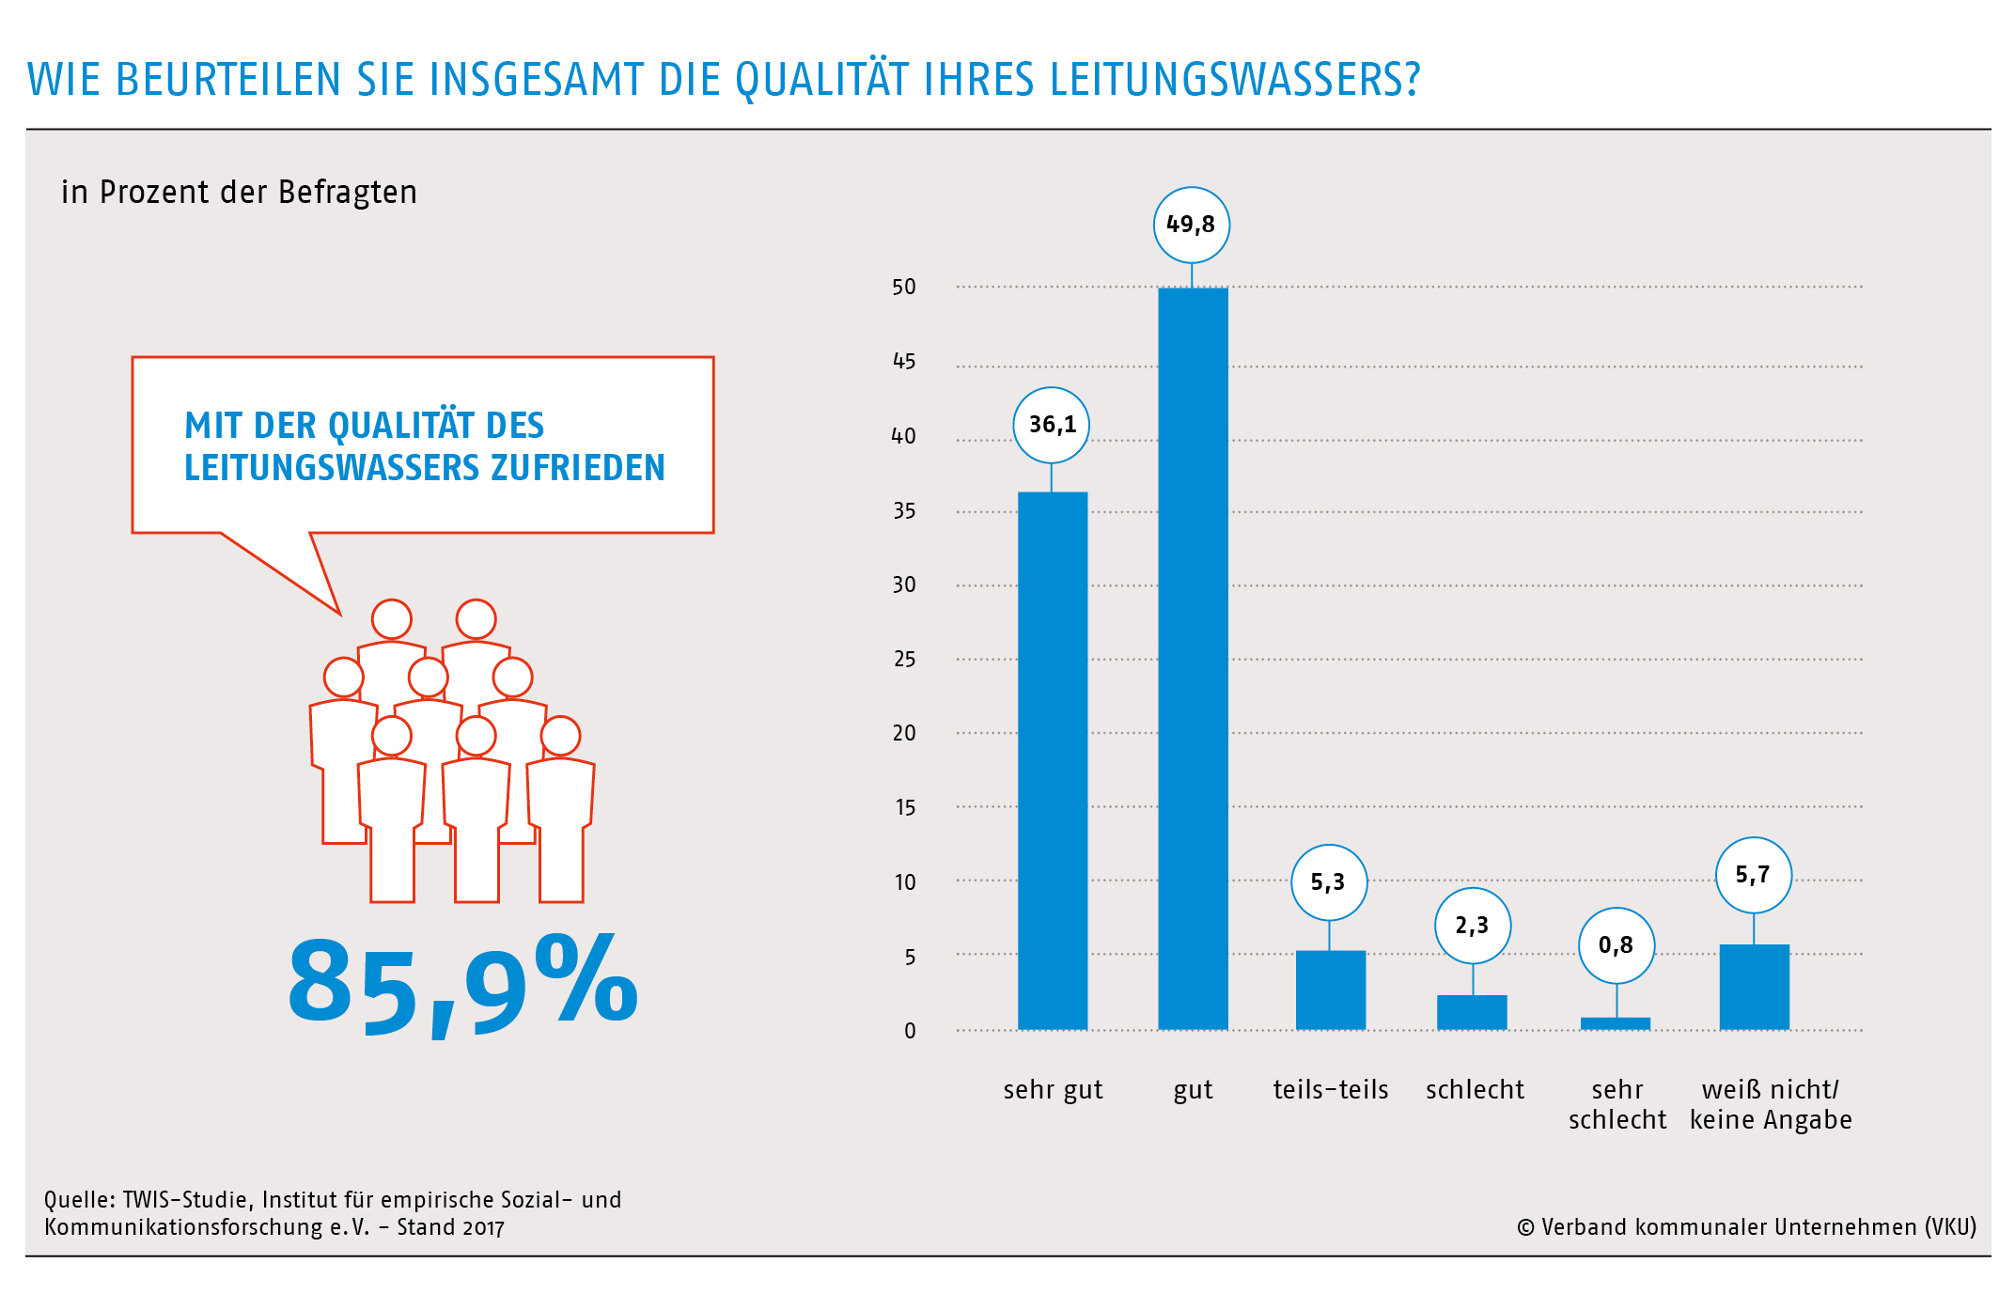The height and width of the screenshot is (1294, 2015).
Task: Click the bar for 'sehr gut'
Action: tap(1053, 761)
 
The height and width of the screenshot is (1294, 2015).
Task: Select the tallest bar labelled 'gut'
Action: tap(1193, 658)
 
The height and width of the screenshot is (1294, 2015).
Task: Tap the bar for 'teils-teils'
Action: tap(1330, 990)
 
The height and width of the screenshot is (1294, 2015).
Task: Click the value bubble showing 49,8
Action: tap(1191, 225)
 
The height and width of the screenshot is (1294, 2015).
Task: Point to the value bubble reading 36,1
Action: tap(1052, 425)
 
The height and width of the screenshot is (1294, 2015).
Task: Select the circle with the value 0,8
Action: tap(1616, 945)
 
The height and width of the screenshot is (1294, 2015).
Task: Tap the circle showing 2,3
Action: tap(1472, 926)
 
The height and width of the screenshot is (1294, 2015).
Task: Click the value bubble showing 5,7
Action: tap(1753, 875)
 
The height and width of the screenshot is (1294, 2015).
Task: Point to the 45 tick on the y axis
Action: tap(904, 362)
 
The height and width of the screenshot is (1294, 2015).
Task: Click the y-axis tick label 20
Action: tap(904, 733)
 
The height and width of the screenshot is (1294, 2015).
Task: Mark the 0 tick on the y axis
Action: tap(910, 1031)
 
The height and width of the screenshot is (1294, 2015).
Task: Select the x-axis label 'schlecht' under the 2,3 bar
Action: tap(1475, 1090)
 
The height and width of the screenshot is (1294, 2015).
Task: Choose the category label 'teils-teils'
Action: tap(1330, 1090)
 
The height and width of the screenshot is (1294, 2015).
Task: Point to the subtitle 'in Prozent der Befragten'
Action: tap(239, 193)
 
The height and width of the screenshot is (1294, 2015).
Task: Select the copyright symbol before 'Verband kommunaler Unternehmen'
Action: tap(1525, 1228)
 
